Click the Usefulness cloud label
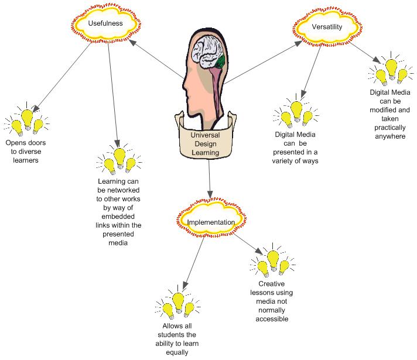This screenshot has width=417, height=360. click(105, 23)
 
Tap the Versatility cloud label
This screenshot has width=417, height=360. click(327, 27)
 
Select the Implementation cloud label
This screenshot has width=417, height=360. click(211, 222)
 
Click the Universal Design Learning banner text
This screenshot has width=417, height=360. click(206, 144)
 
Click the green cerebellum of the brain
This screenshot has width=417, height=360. click(220, 61)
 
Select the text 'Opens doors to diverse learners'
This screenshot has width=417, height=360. click(26, 152)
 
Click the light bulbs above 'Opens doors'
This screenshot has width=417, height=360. click(26, 119)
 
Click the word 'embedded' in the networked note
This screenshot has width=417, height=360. click(118, 217)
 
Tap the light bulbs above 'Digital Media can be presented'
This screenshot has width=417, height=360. click(296, 111)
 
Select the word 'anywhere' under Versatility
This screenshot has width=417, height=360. click(390, 136)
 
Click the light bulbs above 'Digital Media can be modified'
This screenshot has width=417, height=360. click(391, 68)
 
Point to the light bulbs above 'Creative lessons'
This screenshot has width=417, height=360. click(272, 260)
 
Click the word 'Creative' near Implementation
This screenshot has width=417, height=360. click(271, 284)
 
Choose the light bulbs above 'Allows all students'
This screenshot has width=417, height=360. click(177, 302)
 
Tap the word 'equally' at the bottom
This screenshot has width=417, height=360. click(177, 352)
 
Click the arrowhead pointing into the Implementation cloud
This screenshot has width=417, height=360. click(210, 194)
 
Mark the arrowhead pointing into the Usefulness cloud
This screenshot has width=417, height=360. click(132, 43)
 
